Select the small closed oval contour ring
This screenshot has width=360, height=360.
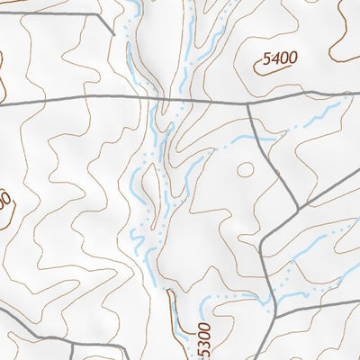(x=245, y=168)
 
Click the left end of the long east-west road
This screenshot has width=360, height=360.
(x=2, y=105)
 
